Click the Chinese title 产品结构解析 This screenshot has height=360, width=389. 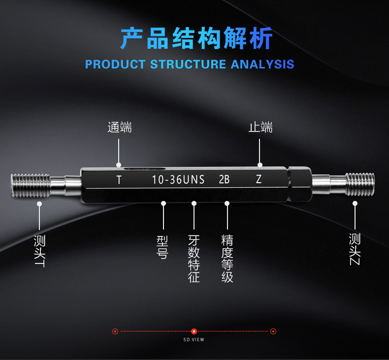coord(196,38)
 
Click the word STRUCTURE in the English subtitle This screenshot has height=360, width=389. coord(188,64)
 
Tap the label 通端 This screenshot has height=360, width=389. coord(120,127)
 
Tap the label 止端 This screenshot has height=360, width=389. coord(260,127)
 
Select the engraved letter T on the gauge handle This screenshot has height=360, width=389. coord(119,180)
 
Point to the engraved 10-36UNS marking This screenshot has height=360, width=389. coord(178,180)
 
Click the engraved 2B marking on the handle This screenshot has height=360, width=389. coord(224,179)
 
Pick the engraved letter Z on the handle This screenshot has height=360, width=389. coord(259,179)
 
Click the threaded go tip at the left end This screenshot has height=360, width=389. coord(30,185)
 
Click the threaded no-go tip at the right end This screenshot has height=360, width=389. coord(360,184)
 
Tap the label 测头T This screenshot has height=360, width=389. coord(40,251)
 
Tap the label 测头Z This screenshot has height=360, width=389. coord(355,249)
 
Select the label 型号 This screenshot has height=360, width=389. coord(162,247)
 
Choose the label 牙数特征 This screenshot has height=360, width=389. coord(194,259)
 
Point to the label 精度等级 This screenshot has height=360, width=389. coord(227,259)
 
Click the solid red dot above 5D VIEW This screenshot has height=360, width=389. coord(194,331)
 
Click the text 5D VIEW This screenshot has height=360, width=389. coord(194,340)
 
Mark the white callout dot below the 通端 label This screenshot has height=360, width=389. coord(119,165)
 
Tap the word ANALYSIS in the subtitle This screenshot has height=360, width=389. coord(262,64)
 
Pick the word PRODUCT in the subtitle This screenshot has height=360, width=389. coord(115,64)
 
